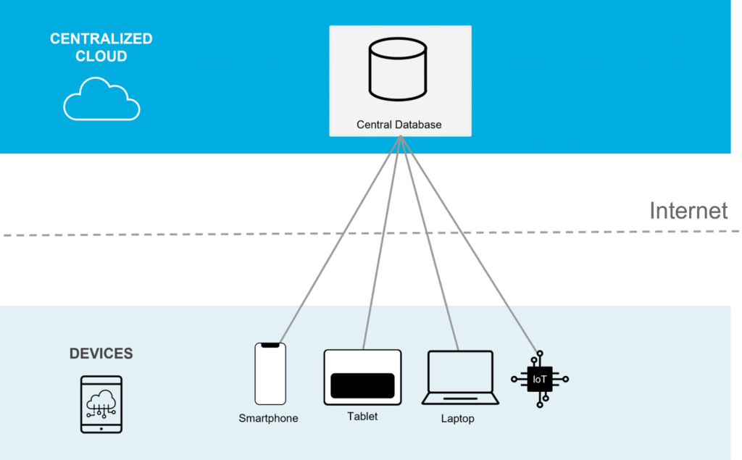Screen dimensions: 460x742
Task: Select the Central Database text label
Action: pos(399,125)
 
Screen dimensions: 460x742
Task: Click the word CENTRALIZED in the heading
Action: pos(101,39)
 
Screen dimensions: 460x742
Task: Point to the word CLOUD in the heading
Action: pos(101,57)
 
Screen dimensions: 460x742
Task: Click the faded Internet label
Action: pos(688,211)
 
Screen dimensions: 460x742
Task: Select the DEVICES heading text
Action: pos(101,354)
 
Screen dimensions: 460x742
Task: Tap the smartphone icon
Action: pos(270,374)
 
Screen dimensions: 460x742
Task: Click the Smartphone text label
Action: pos(268,419)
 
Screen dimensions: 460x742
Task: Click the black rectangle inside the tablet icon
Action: pos(362,386)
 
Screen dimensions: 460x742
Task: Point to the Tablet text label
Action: pos(362,417)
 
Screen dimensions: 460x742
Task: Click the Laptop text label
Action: pos(457,419)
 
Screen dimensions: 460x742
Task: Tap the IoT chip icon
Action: pos(540,379)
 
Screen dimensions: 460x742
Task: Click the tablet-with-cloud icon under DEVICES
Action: pos(101,404)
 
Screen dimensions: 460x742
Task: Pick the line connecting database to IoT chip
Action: pos(471,246)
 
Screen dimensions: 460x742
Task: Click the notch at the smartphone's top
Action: pos(270,346)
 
